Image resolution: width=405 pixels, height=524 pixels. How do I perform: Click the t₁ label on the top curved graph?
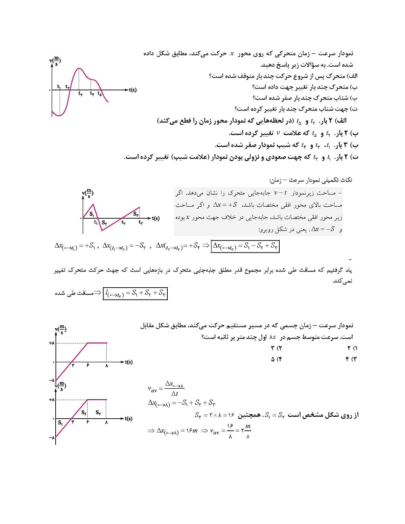coord(58,86)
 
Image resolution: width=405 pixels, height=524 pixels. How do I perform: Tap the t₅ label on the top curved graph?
coord(99,93)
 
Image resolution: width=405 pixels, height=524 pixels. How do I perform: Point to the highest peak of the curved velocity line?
coord(79,69)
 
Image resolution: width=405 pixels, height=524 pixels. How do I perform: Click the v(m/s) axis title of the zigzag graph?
coord(87,193)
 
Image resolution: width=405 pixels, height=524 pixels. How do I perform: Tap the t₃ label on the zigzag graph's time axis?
coord(141,222)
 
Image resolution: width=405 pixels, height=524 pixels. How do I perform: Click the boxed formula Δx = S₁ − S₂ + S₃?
coord(245,246)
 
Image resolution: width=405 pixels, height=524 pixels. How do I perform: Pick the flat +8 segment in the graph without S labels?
coord(97,343)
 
